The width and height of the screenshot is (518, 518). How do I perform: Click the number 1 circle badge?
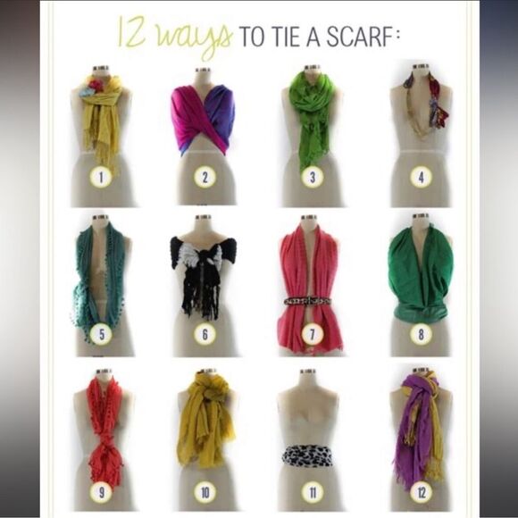(100, 177)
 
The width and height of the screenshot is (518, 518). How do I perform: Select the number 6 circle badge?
(205, 335)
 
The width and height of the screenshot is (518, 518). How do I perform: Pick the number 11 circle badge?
(312, 492)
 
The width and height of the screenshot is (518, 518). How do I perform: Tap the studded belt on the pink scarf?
(307, 301)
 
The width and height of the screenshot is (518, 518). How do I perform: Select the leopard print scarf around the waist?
(307, 455)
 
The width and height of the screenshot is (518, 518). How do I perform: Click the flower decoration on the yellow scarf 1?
(91, 88)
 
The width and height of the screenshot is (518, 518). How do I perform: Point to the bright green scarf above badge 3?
(313, 112)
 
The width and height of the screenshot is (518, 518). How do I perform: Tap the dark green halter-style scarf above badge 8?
(420, 272)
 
